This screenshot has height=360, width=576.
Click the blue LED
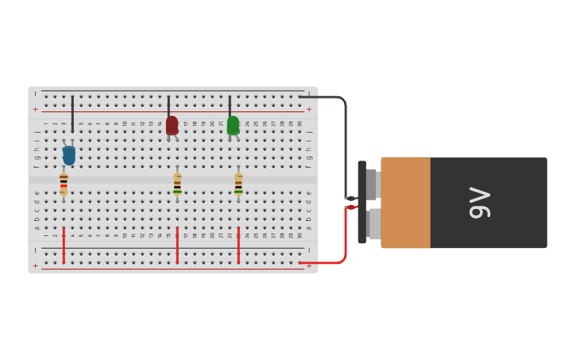(69, 155)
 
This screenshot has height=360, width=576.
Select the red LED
(172, 125)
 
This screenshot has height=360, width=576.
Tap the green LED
(233, 126)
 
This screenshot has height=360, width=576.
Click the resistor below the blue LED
(64, 184)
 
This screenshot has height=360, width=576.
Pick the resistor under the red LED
(177, 184)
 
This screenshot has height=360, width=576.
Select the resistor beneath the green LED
(238, 184)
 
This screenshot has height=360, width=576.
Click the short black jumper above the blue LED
(72, 114)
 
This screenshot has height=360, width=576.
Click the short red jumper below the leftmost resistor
(64, 245)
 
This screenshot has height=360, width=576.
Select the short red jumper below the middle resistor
(177, 245)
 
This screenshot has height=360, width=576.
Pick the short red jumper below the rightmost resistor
(238, 245)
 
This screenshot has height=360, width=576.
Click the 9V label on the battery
(480, 203)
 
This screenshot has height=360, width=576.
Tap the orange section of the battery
(406, 203)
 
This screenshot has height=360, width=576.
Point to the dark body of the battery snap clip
(361, 202)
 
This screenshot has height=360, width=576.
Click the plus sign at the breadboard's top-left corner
(35, 109)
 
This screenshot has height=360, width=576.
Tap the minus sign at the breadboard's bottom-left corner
(35, 250)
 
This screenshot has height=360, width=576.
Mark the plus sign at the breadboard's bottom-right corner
(309, 266)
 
